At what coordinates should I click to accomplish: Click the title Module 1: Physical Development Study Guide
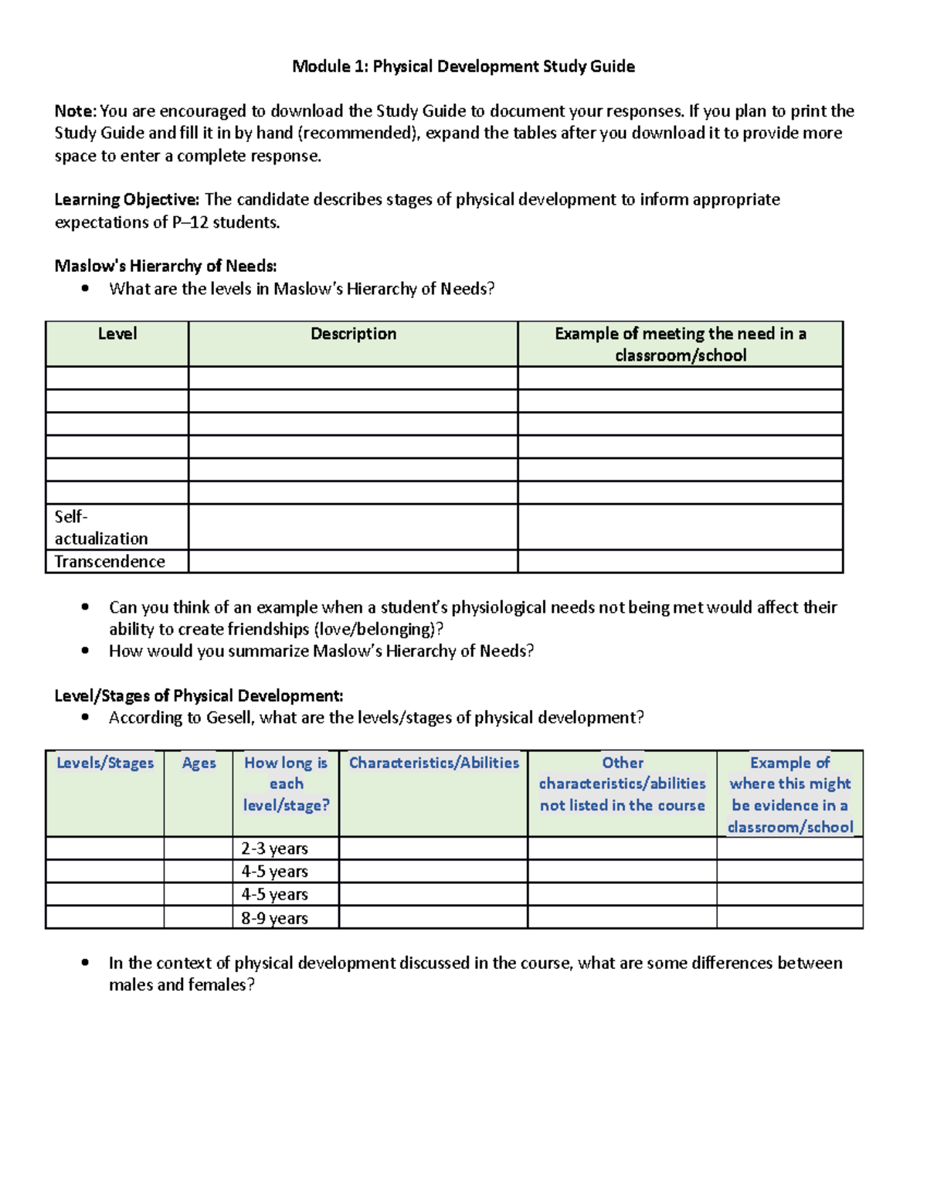pos(463,66)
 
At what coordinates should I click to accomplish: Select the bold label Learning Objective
pos(126,199)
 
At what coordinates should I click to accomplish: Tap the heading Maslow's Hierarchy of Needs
pos(165,266)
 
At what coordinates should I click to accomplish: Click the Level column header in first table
pos(117,334)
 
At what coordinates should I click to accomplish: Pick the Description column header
pos(353,334)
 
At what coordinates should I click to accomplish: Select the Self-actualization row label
pos(100,527)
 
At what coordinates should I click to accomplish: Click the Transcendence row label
pos(110,562)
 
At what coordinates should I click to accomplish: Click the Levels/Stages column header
pos(105,763)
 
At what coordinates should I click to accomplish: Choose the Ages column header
pos(199,763)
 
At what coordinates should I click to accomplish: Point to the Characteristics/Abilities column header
pos(433,763)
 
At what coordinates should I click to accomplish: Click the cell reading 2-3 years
pos(274,848)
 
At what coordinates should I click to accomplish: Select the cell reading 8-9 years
pos(274,918)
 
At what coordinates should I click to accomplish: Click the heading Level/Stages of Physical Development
pos(199,695)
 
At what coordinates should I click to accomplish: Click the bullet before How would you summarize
pos(85,651)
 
